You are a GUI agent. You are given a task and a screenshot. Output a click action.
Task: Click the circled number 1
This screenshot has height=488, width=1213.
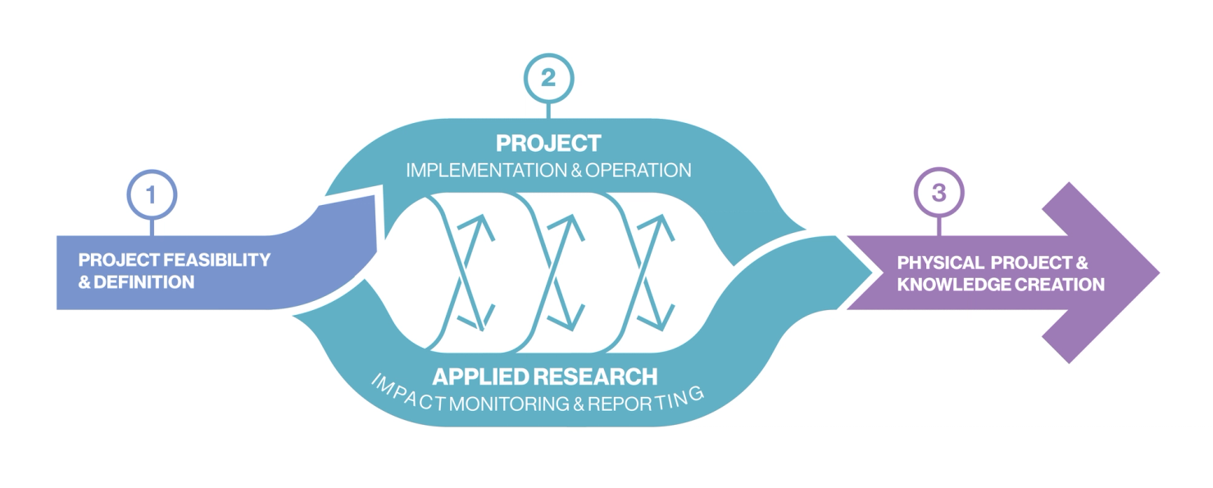coord(151,194)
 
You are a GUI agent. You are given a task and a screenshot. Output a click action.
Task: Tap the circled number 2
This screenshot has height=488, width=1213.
coord(548,79)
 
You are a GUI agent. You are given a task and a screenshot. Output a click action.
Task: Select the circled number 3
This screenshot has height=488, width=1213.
coord(938,194)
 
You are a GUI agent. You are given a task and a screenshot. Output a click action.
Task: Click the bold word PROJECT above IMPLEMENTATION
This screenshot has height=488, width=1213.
coord(548,144)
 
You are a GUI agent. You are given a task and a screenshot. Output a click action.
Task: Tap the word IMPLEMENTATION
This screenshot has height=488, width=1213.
coord(478,171)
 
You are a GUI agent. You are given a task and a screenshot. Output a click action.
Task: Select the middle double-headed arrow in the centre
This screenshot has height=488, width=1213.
coord(566,271)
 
